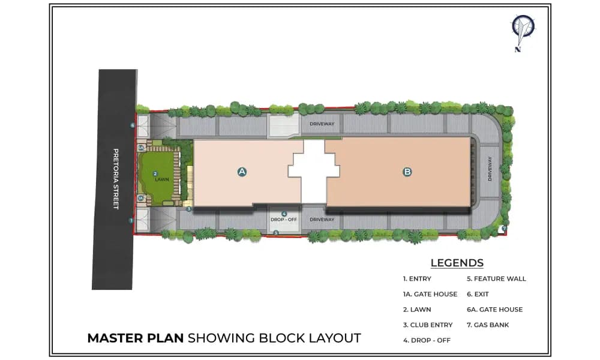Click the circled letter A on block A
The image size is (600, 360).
pos(242,172)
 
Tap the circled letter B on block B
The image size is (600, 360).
pos(407,172)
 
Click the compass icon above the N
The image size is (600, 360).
pos(523,29)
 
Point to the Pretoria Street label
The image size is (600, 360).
pos(116,179)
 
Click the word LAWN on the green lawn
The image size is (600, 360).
pos(162,179)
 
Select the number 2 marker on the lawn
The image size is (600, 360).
pos(155,173)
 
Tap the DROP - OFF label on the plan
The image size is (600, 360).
pos(284,220)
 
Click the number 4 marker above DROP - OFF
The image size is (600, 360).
pos(284,214)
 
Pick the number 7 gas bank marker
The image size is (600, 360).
pos(504,228)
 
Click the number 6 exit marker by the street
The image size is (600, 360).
pos(133,125)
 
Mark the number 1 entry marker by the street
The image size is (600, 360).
pos(131,220)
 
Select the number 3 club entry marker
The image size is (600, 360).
pos(188,209)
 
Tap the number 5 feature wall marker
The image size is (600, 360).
pos(276,233)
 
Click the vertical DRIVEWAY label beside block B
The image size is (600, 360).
pos(490,169)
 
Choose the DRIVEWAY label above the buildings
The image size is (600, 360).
pos(322,124)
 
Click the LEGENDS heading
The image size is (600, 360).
pos(457,263)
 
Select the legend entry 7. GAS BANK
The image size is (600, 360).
pos(488,325)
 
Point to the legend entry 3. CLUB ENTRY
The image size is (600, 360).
pos(428,325)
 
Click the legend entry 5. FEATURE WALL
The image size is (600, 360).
pos(496,279)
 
